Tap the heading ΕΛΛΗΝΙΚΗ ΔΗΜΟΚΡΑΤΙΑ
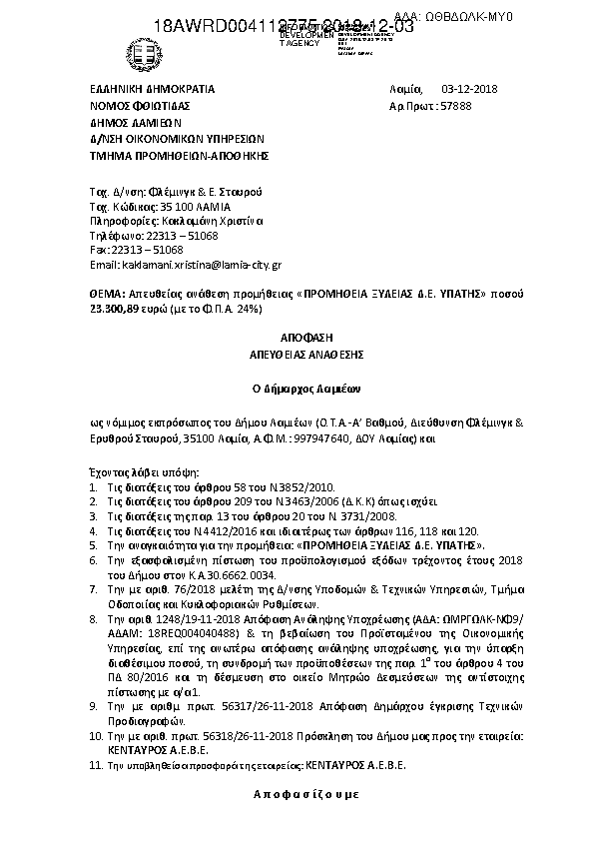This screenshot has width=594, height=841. pyautogui.click(x=152, y=89)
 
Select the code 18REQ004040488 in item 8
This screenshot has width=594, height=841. pyautogui.click(x=183, y=635)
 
